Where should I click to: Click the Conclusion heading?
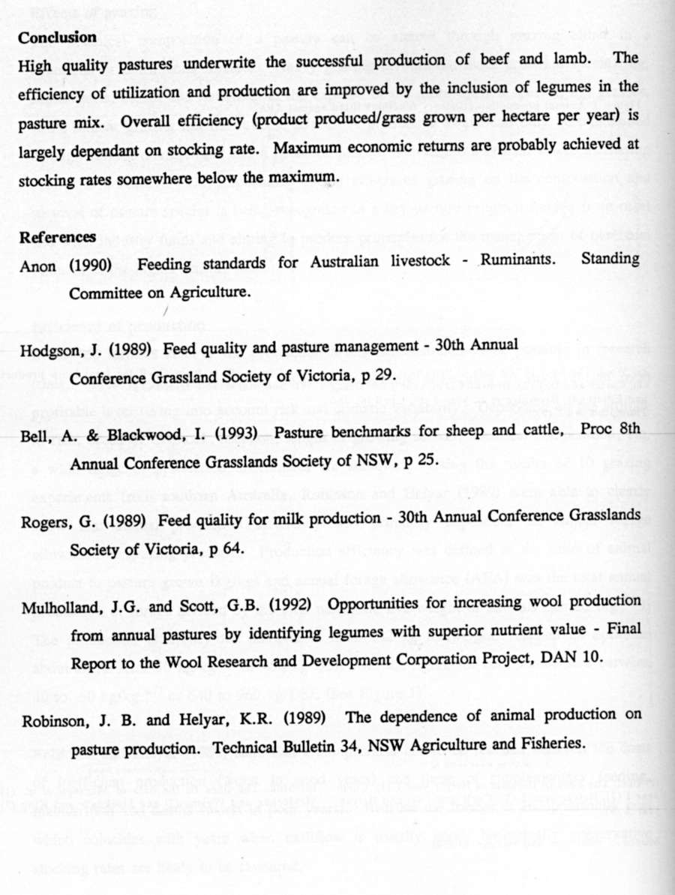[x=57, y=38]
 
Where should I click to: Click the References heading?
[x=57, y=238]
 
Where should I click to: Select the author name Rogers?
[x=41, y=519]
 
